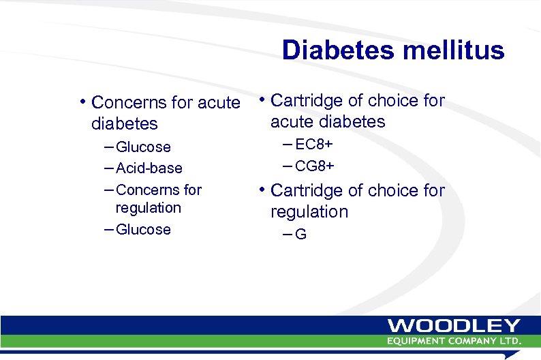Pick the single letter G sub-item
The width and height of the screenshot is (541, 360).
[x=300, y=235]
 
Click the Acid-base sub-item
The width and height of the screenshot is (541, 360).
[x=149, y=168]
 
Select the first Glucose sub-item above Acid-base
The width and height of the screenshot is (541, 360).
[x=143, y=147]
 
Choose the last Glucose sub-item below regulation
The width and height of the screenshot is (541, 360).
[x=143, y=229]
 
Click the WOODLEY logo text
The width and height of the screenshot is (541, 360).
[x=454, y=327]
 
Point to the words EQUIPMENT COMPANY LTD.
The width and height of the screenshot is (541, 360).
[x=454, y=341]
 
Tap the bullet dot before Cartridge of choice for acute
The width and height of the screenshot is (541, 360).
[x=261, y=100]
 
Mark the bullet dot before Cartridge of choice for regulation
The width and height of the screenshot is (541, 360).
[x=261, y=190]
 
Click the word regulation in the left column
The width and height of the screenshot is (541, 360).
[x=149, y=208]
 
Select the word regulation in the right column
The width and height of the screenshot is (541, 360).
[x=309, y=212]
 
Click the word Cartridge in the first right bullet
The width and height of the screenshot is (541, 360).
[x=307, y=101]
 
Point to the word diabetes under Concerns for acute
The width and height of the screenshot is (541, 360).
[x=124, y=124]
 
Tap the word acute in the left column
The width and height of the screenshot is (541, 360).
[x=219, y=103]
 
